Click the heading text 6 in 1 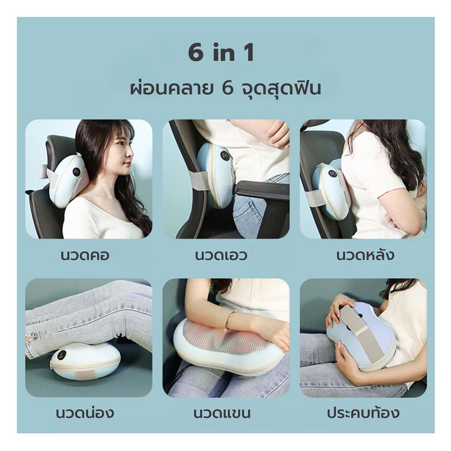tap(221, 53)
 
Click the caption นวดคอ tap(85, 255)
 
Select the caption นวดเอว tap(221, 255)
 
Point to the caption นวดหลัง tap(365, 255)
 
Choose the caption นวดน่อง tap(85, 413)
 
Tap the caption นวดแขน tap(222, 413)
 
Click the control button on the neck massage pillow tap(77, 172)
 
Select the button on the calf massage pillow tap(62, 354)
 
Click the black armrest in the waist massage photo tap(262, 189)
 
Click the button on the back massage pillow tap(332, 173)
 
